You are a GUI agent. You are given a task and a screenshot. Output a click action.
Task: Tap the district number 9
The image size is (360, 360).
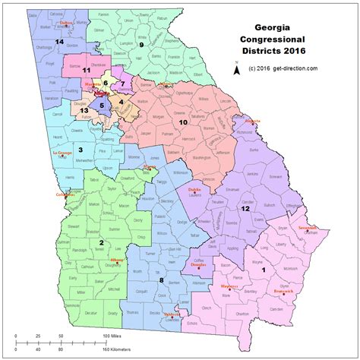click(141, 45)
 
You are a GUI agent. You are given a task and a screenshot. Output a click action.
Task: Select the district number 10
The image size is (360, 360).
click(182, 121)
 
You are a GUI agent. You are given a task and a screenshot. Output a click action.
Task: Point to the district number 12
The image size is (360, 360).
click(245, 208)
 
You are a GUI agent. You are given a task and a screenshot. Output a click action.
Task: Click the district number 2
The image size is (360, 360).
click(101, 242)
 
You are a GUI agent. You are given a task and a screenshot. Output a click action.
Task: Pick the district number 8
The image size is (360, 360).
click(162, 281)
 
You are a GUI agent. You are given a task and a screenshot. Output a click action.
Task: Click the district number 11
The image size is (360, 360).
click(76, 70)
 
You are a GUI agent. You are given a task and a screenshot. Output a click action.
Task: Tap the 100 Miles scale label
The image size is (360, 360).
click(112, 334)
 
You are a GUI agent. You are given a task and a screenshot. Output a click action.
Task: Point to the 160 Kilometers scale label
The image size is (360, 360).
click(114, 349)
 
